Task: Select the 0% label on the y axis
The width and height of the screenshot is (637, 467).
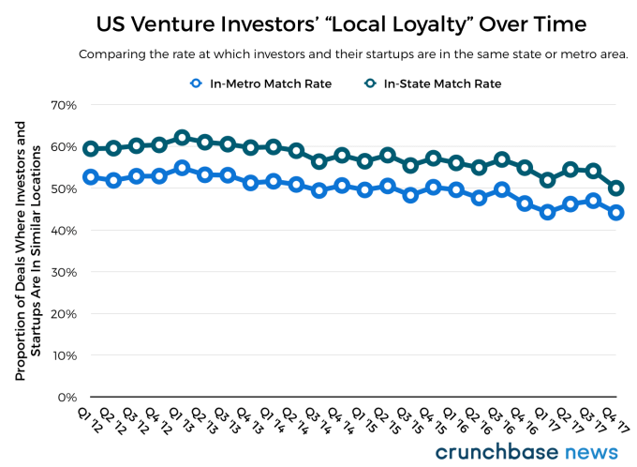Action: coord(67,398)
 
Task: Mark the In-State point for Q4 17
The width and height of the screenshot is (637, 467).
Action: coord(616,188)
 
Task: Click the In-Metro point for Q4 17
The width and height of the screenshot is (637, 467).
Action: coord(616,212)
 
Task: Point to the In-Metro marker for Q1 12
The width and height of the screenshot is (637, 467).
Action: coord(90,176)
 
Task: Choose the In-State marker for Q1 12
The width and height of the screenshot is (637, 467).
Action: coord(90,149)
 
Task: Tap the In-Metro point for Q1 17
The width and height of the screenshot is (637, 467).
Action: coord(548,212)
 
